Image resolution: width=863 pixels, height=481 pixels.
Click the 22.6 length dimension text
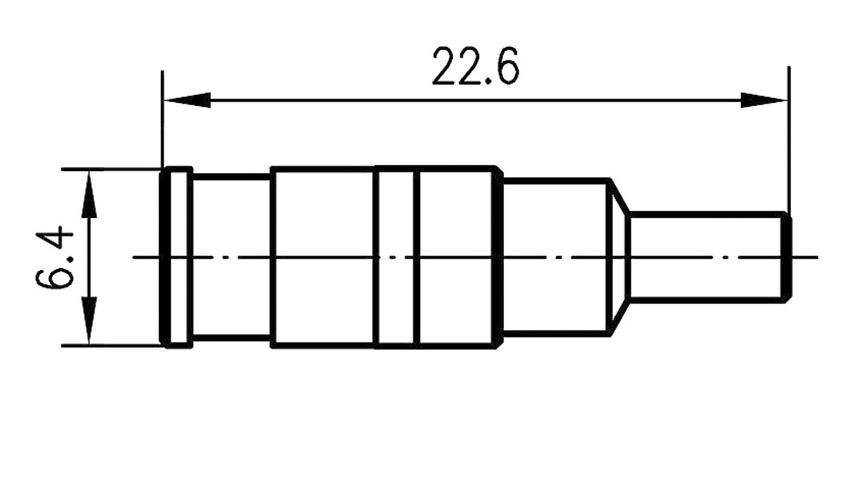pyautogui.click(x=475, y=67)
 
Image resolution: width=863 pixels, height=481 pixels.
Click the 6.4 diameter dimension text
pyautogui.click(x=54, y=258)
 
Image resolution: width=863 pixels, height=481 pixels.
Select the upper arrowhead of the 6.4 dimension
pyautogui.click(x=90, y=196)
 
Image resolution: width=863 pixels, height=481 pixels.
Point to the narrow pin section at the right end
pyautogui.click(x=706, y=257)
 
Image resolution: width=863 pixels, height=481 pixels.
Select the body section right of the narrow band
pyautogui.click(x=455, y=257)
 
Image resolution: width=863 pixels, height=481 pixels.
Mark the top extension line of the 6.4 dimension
pyautogui.click(x=111, y=169)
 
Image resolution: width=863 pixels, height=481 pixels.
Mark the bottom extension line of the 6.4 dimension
pyautogui.click(x=111, y=345)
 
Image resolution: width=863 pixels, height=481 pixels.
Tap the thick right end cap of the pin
pyautogui.click(x=787, y=257)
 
